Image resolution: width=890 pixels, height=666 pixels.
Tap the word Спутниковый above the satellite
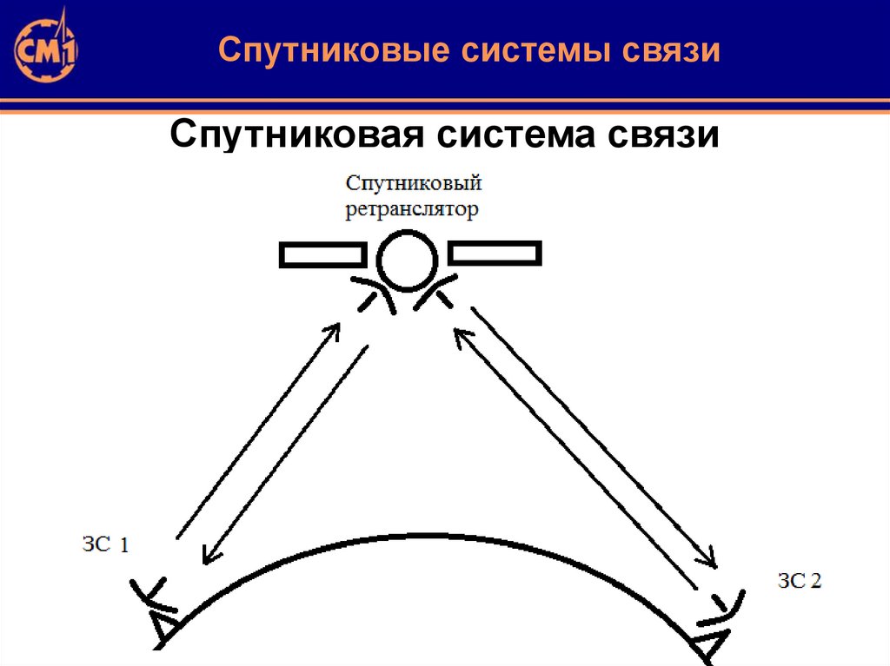point(414,185)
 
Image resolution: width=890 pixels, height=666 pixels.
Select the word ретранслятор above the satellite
point(413,209)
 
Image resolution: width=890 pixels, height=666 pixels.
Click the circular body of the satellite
point(407,260)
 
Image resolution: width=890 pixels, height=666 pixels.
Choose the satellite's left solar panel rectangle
point(321,254)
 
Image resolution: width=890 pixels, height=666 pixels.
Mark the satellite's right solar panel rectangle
point(495,254)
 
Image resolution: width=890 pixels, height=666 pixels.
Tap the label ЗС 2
point(799,581)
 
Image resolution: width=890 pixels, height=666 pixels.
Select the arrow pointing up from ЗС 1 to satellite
point(257,429)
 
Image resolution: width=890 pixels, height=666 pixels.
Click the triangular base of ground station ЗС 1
point(163,627)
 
